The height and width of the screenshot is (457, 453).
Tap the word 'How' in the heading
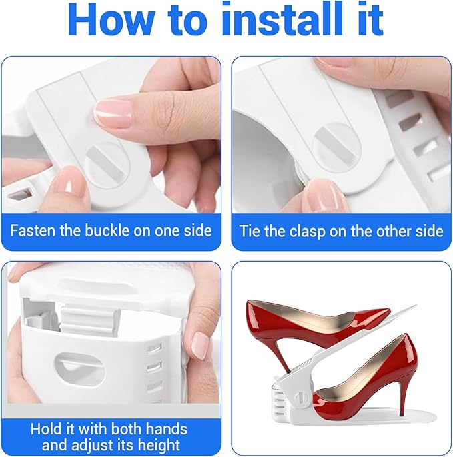tap(111, 20)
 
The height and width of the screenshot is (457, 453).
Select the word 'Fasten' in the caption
tap(33, 231)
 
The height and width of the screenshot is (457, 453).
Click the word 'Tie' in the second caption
tap(249, 231)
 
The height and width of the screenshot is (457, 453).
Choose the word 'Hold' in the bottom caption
tap(46, 429)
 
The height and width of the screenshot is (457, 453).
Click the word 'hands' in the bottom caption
tap(167, 429)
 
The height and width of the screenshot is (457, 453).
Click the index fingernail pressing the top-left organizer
tap(113, 113)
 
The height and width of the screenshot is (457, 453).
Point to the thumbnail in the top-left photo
tap(70, 187)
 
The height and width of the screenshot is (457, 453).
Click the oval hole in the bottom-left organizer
tap(79, 366)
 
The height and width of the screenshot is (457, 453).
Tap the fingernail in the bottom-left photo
tap(200, 345)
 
